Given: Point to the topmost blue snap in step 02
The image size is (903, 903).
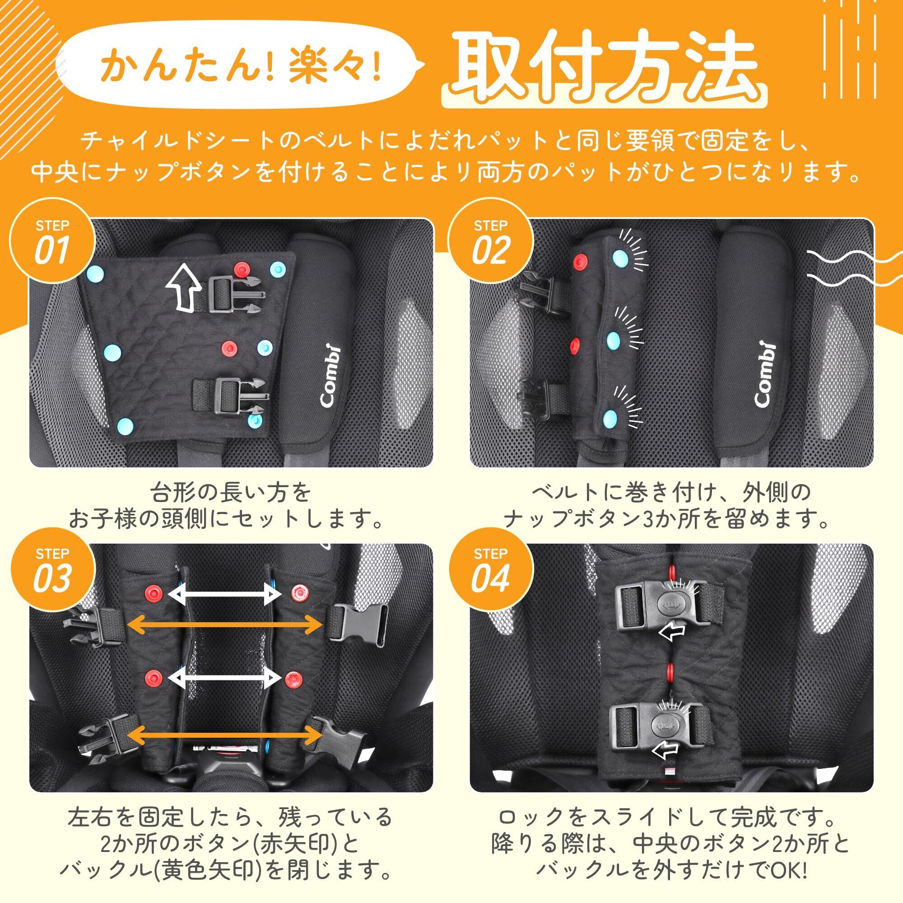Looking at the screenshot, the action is pyautogui.click(x=621, y=256).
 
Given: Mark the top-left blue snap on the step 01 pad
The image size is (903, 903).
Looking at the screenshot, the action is pyautogui.click(x=95, y=272).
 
